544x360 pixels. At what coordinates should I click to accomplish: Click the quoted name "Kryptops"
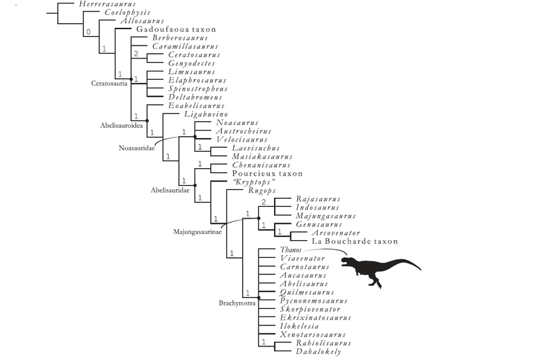(234, 183)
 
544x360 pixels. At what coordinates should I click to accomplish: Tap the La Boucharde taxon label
(354, 241)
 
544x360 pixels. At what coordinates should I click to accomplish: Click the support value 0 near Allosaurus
(88, 31)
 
